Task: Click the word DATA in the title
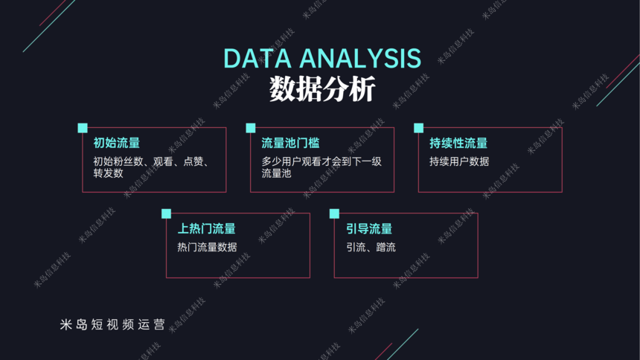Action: tap(257, 58)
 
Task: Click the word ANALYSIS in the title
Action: tap(360, 58)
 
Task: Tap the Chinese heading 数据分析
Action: tap(322, 89)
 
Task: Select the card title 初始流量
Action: tap(117, 143)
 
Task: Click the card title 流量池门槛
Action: tap(290, 143)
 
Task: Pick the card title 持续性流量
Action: tap(458, 143)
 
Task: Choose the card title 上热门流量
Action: tap(207, 228)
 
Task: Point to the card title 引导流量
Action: tap(369, 228)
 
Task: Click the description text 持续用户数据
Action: tap(459, 161)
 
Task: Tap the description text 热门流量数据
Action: tap(207, 247)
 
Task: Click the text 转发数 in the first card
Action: tap(108, 173)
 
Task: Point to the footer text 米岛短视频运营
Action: tap(112, 324)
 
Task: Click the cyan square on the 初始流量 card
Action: tap(83, 128)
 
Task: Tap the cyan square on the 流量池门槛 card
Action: tap(251, 128)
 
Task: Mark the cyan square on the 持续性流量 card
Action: tap(419, 128)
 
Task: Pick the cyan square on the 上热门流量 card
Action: tap(166, 214)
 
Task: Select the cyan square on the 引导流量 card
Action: tap(334, 214)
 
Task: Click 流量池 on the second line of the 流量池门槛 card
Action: tap(276, 173)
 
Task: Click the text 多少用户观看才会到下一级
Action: tap(321, 161)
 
